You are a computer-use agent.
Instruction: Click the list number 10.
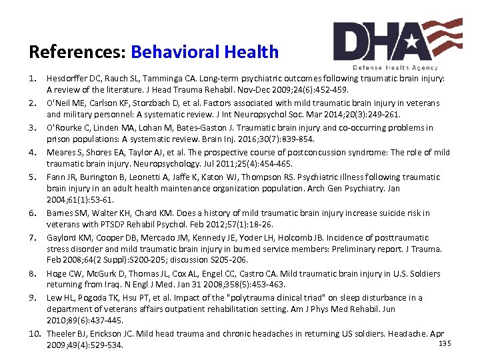click(x=35, y=334)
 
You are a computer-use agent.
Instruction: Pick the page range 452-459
click(x=329, y=89)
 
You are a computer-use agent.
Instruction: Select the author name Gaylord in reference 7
click(x=62, y=237)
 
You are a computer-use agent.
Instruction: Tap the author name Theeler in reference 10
click(x=61, y=334)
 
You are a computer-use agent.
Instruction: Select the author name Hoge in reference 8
click(x=56, y=274)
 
